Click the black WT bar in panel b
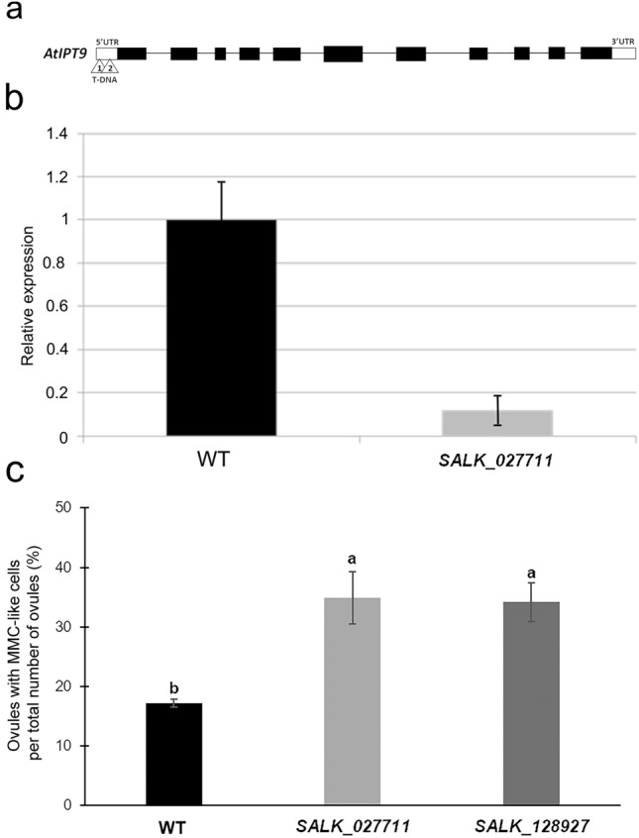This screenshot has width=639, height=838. click(221, 327)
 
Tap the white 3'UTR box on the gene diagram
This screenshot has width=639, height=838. click(623, 53)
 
